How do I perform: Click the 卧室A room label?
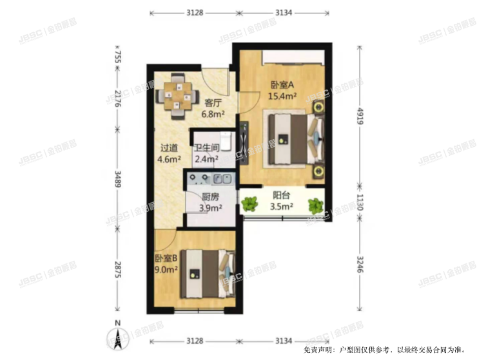[282, 84]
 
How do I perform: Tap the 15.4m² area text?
[282, 96]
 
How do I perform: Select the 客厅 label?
[213, 102]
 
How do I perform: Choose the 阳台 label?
[280, 196]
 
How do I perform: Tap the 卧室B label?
[166, 260]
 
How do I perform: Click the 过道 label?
[170, 147]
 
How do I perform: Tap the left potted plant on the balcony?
[249, 205]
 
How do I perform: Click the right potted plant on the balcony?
[315, 205]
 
